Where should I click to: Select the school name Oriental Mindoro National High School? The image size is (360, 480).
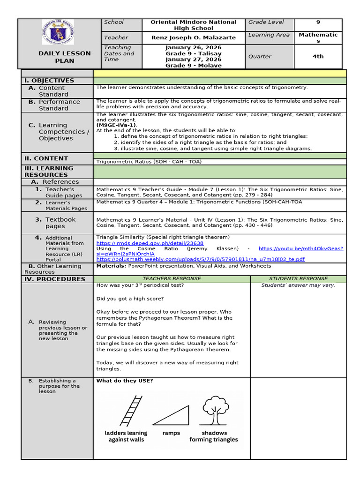coord(194,25)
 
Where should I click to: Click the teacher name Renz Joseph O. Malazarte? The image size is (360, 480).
coord(194,37)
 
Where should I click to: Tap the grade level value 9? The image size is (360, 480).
coord(318,22)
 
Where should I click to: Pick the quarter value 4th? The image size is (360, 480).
coord(318,56)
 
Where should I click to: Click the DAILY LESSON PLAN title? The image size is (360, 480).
coord(65,57)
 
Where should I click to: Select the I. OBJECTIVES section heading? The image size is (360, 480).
coord(49,81)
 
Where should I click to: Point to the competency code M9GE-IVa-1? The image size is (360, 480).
coord(116,125)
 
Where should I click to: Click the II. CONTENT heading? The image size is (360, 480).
coord(46,158)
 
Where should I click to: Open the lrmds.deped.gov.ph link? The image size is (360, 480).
coord(150,243)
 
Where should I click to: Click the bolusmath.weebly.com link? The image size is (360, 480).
coord(200,259)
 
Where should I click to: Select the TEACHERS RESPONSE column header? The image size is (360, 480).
coord(172,278)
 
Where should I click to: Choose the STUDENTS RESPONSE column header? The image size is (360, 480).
coord(298,278)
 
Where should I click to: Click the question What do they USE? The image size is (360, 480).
coord(124,381)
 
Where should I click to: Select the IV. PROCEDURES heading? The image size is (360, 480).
coord(55,279)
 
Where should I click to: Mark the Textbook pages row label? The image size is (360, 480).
coord(60,223)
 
